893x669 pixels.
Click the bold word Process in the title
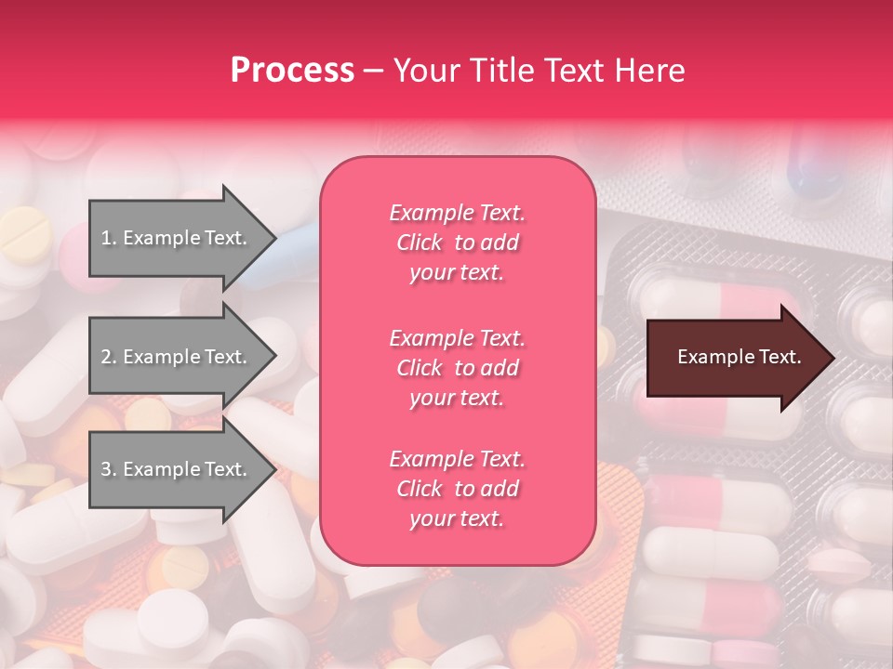(x=292, y=71)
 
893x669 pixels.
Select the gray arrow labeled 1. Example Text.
(x=177, y=238)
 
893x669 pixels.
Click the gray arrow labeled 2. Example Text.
(x=177, y=357)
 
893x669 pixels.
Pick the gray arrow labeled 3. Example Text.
(x=177, y=469)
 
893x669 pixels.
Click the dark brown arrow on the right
(x=735, y=358)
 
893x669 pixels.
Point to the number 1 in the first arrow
(x=106, y=238)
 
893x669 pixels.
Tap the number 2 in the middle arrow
(x=106, y=357)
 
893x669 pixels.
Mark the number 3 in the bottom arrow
(x=106, y=469)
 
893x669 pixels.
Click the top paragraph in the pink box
(x=457, y=243)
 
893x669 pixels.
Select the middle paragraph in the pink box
(x=457, y=368)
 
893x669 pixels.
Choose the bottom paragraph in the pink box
(x=457, y=489)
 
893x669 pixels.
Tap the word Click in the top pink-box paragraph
(x=419, y=243)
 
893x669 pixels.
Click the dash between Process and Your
(x=373, y=71)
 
